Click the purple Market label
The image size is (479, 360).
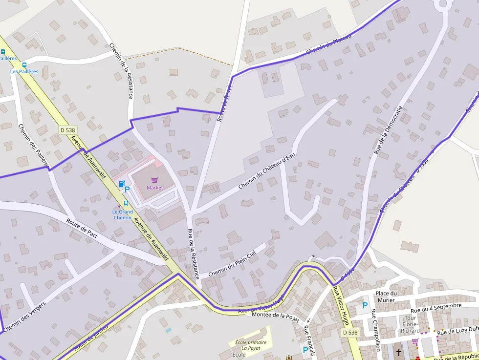pyautogui.click(x=155, y=188)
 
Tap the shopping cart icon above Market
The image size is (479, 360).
pyautogui.click(x=155, y=180)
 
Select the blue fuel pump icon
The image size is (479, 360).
pyautogui.click(x=121, y=184)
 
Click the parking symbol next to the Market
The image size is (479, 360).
pyautogui.click(x=127, y=189)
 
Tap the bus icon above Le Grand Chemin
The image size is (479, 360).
pyautogui.click(x=126, y=203)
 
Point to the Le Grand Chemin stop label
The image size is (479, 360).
pyautogui.click(x=122, y=214)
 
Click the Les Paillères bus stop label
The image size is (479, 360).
pyautogui.click(x=24, y=71)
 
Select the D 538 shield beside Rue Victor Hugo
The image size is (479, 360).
pyautogui.click(x=350, y=332)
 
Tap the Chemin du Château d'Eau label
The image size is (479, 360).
pyautogui.click(x=267, y=170)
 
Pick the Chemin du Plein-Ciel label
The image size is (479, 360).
pyautogui.click(x=232, y=264)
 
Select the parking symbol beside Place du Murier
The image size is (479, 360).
pyautogui.click(x=365, y=305)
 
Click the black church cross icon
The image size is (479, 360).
pyautogui.click(x=398, y=352)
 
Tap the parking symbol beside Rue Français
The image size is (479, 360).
pyautogui.click(x=306, y=350)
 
